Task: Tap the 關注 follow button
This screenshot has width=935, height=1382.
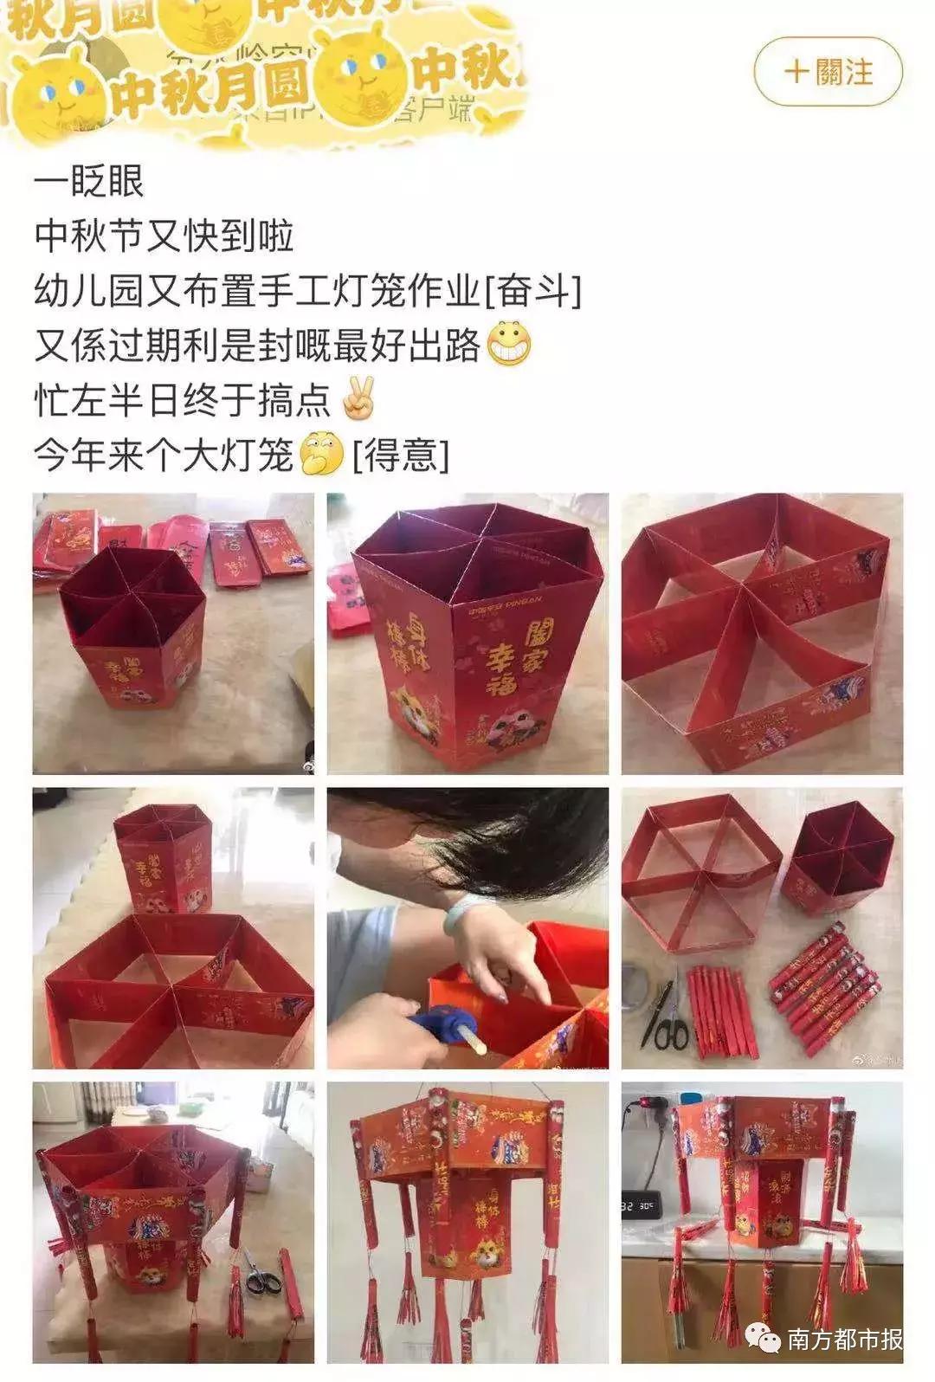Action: pos(828,71)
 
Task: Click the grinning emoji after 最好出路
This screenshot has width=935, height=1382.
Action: pos(509,344)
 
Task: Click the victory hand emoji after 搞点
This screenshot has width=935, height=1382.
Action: pos(359,397)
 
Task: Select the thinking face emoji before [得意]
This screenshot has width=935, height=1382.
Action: pos(321,452)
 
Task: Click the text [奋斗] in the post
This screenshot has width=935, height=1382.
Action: pos(532,292)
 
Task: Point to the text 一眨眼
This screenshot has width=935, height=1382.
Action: pos(89,183)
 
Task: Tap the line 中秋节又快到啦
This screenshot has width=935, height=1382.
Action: pos(164,236)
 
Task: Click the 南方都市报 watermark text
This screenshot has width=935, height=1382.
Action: pos(844,1340)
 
